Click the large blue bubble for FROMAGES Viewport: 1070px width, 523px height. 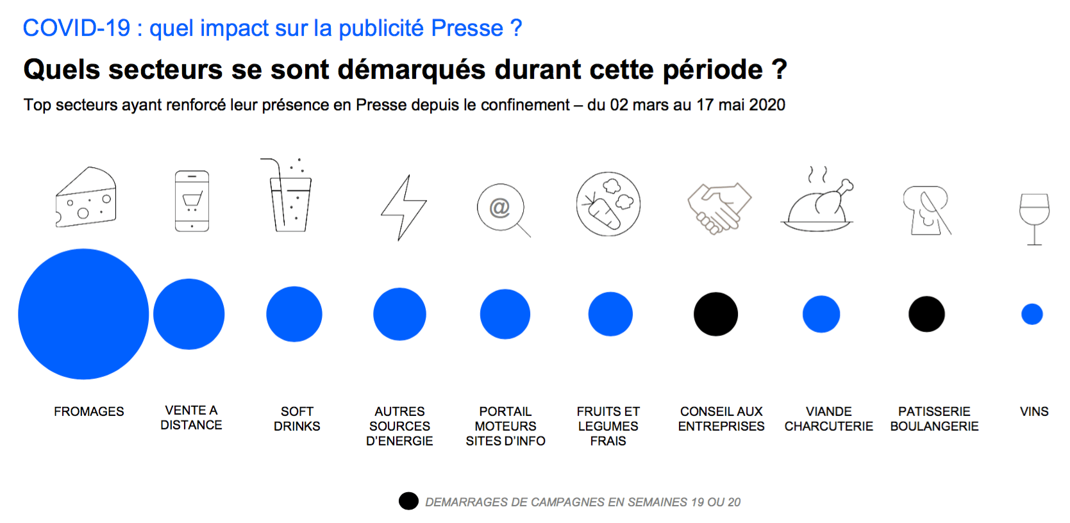(83, 314)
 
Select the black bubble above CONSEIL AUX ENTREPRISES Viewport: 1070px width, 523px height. (715, 314)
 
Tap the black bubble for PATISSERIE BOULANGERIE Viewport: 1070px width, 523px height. (926, 314)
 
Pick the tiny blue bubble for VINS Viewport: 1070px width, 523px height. (1032, 314)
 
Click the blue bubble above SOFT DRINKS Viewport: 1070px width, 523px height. (294, 314)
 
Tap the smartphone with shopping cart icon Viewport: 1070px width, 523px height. (192, 201)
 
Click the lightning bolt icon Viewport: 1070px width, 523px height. (403, 208)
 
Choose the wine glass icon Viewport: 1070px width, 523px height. (1034, 218)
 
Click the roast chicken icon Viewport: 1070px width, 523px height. (817, 202)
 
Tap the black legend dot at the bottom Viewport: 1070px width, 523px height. (408, 501)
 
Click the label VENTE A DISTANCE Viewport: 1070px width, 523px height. (191, 417)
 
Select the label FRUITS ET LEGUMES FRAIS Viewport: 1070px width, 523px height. (608, 426)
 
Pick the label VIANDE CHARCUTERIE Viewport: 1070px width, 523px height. (828, 419)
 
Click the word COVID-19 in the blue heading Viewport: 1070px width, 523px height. (76, 28)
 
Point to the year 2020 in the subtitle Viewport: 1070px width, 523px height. (767, 105)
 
